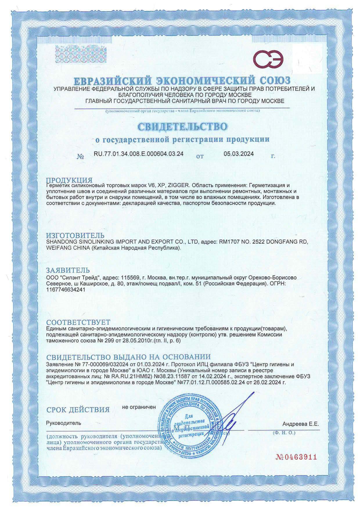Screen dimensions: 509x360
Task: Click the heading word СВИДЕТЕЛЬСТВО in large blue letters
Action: coord(182,126)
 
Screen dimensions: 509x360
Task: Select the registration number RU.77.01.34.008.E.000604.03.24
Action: coord(139,154)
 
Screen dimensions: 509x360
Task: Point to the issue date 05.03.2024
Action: coord(239,154)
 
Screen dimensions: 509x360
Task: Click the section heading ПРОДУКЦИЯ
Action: coord(69,180)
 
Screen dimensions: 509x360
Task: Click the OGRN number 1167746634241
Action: coord(66,289)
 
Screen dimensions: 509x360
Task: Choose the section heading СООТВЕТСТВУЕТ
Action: coord(78,322)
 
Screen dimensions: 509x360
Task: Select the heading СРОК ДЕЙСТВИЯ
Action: coord(78,410)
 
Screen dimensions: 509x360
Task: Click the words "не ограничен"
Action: coord(139,407)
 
